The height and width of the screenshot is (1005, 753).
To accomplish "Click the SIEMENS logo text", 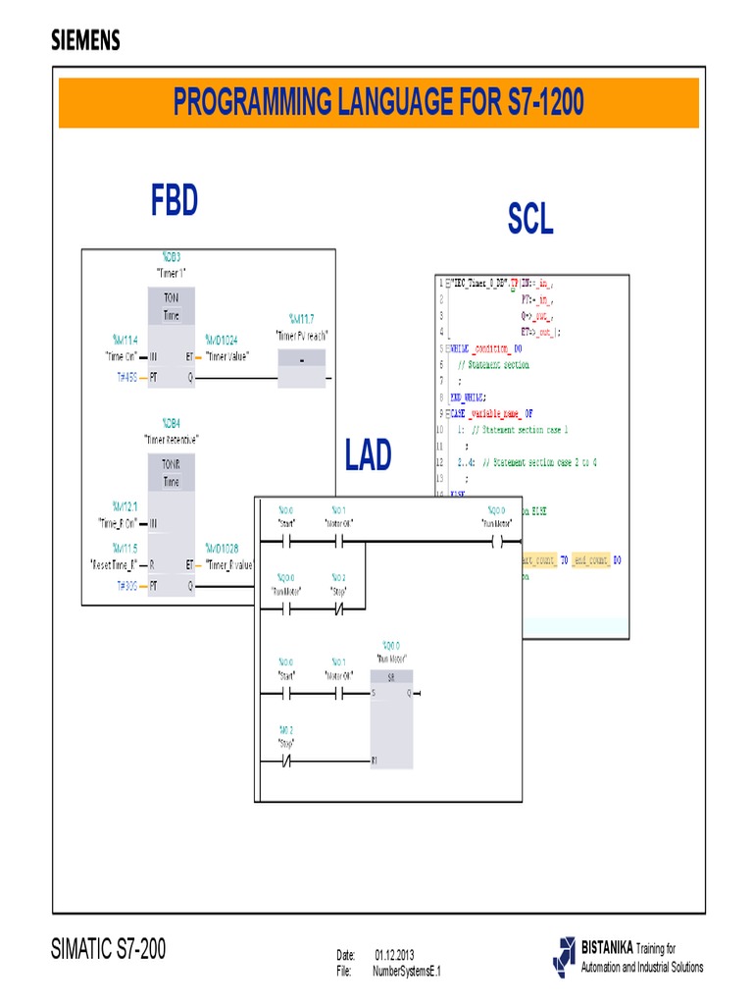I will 85,40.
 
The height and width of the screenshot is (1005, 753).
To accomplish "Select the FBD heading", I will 175,201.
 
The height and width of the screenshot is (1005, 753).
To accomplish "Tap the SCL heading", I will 530,221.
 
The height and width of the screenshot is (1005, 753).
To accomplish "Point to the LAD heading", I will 369,455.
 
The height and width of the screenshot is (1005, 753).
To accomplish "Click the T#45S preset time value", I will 125,377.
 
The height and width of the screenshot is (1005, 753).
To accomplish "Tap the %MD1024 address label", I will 222,341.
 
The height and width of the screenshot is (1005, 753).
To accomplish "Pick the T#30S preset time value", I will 125,585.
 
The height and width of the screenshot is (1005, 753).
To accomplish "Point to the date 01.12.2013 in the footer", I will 393,954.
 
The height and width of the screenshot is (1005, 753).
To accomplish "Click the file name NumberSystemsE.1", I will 407,971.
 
